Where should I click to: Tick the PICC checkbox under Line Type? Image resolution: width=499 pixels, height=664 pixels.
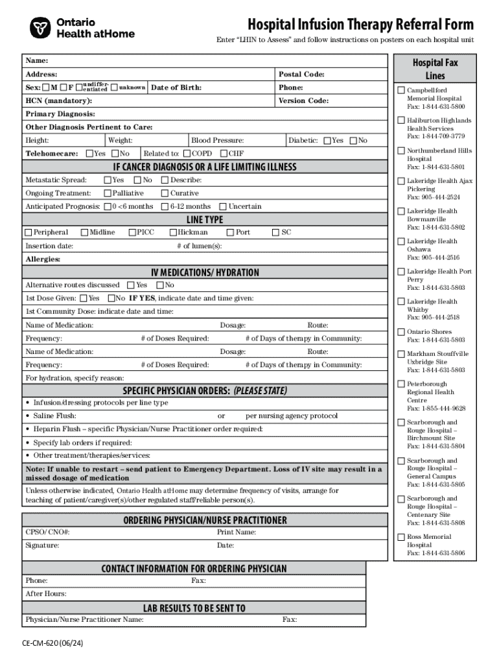(x=132, y=232)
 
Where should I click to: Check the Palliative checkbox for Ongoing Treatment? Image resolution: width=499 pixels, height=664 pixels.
(x=107, y=193)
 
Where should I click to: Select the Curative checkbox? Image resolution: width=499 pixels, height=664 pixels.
(x=165, y=193)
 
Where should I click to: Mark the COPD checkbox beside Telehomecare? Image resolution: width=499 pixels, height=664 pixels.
(x=187, y=154)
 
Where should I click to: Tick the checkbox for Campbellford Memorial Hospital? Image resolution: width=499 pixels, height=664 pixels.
(x=401, y=90)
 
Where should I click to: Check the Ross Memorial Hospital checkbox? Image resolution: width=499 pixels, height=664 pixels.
(x=401, y=537)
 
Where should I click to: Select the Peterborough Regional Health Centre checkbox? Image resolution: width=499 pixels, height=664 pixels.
(x=401, y=385)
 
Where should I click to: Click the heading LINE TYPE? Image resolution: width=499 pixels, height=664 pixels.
(x=205, y=219)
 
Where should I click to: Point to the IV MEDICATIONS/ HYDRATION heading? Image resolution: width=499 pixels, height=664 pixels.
(x=205, y=272)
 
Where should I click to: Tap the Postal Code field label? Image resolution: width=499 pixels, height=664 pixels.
(x=301, y=75)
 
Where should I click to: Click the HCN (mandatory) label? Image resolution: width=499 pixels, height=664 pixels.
(x=58, y=101)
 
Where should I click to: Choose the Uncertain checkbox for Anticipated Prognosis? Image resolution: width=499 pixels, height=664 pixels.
(x=223, y=206)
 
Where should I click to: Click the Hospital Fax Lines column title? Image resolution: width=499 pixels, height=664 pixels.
(x=435, y=69)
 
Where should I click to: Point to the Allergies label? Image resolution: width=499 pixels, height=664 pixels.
(x=43, y=259)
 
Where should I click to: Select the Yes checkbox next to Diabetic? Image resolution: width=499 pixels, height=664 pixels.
(x=327, y=141)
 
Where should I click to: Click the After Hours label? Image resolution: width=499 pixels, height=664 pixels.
(x=45, y=594)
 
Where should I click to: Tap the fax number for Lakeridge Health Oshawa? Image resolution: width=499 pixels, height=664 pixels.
(x=433, y=257)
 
